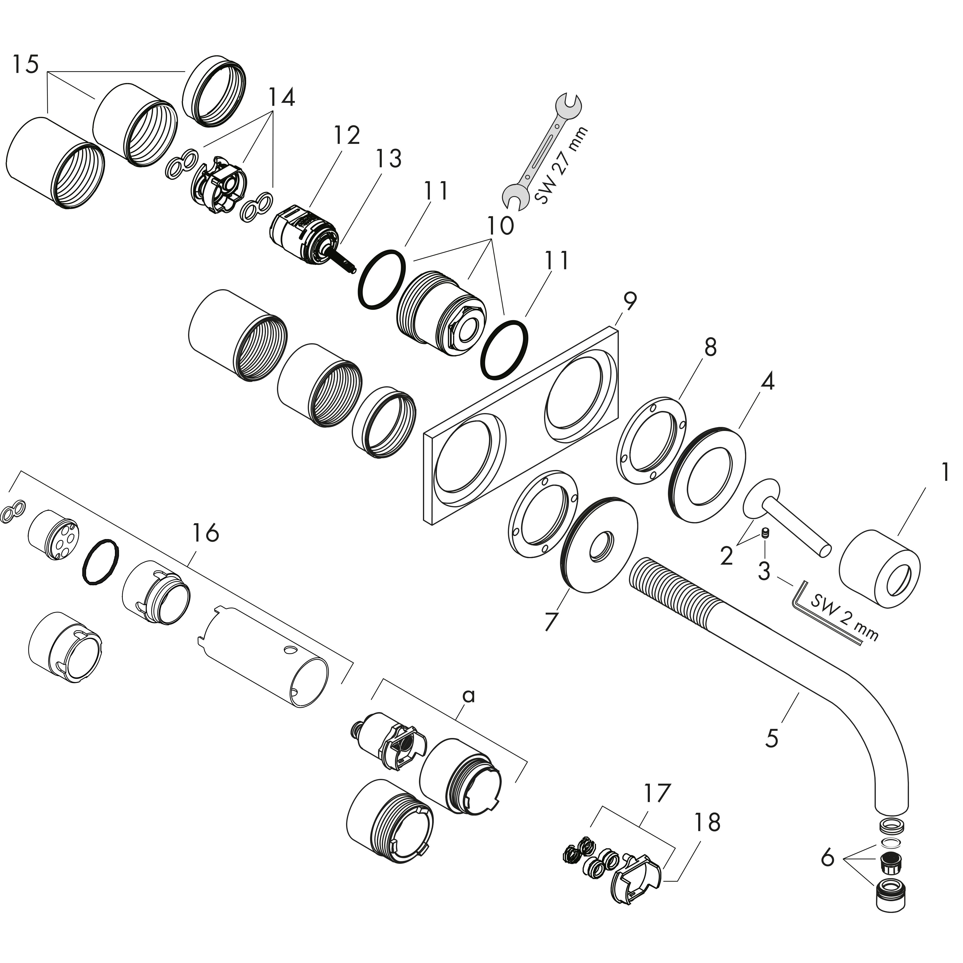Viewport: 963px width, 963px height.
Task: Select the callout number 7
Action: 550,621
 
